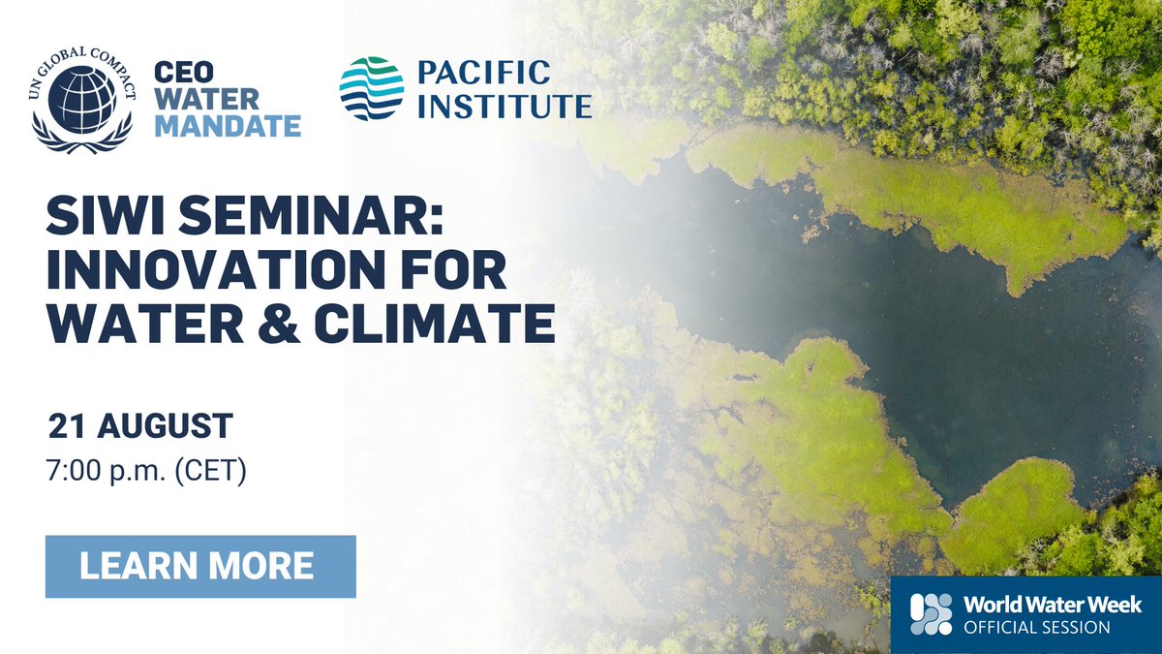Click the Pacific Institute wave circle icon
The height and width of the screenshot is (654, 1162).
click(x=372, y=88)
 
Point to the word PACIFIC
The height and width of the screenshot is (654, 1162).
click(x=484, y=72)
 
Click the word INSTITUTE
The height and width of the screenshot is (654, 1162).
click(x=505, y=105)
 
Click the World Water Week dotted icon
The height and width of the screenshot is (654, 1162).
click(x=931, y=615)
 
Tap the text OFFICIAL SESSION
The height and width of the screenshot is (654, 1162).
click(x=1036, y=628)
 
